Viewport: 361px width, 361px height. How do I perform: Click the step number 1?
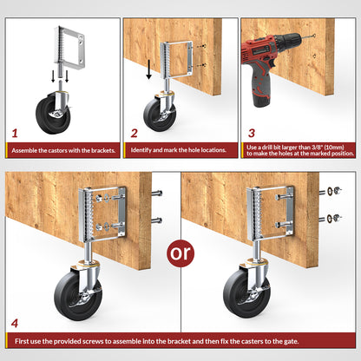pyautogui.click(x=15, y=135)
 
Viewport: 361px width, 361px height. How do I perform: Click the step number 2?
pyautogui.click(x=135, y=135)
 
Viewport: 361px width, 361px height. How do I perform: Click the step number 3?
pyautogui.click(x=253, y=135)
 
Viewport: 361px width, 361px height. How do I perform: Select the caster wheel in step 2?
pyautogui.click(x=158, y=114)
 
